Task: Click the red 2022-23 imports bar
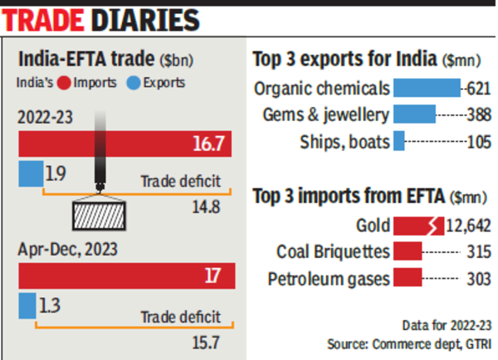point(124,144)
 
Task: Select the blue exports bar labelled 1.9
point(31,173)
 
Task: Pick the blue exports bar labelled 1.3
point(27,305)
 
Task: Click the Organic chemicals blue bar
point(427,88)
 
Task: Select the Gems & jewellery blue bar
point(414,114)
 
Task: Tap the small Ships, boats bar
point(398,142)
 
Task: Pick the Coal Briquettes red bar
point(408,251)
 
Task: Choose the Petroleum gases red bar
point(408,278)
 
